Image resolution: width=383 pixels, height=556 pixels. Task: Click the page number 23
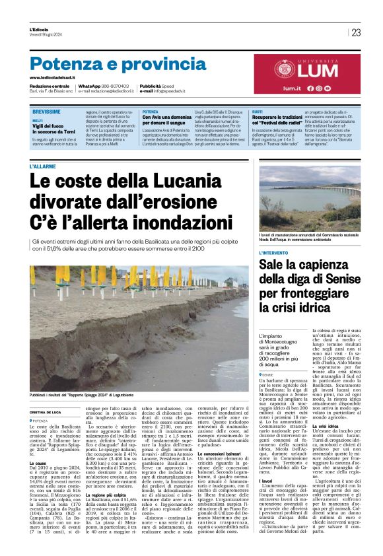click(356, 32)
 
